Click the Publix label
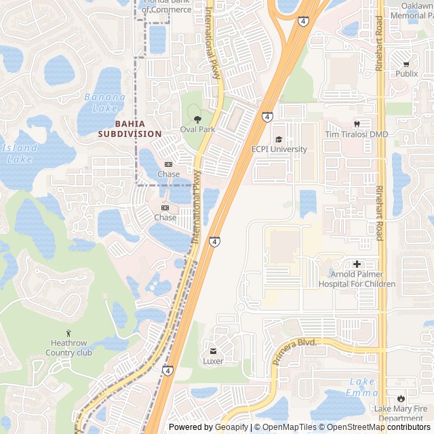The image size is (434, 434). (x=407, y=73)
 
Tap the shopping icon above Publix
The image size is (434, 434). (x=407, y=62)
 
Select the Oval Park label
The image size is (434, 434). (x=197, y=129)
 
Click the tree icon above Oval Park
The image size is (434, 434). (x=197, y=119)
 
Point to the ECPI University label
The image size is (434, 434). (x=279, y=149)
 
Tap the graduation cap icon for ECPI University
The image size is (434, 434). (x=279, y=140)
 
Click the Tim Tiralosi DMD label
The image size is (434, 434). (x=357, y=134)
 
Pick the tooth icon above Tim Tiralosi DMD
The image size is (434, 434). (x=357, y=124)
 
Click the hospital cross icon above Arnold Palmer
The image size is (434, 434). (x=357, y=264)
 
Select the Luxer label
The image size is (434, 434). (x=213, y=361)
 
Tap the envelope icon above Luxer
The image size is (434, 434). (x=213, y=351)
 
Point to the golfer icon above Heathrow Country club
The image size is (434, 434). (x=68, y=333)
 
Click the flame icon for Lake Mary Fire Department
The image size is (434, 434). (x=401, y=398)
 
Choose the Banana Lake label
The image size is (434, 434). (x=104, y=102)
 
